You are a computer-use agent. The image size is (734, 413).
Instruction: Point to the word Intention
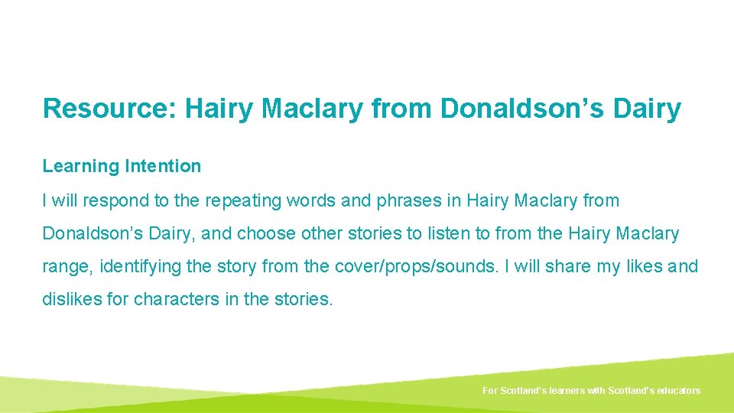[x=163, y=166]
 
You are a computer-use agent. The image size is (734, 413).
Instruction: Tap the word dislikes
[x=72, y=300]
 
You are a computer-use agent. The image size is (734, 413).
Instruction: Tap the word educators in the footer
[x=676, y=391]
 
